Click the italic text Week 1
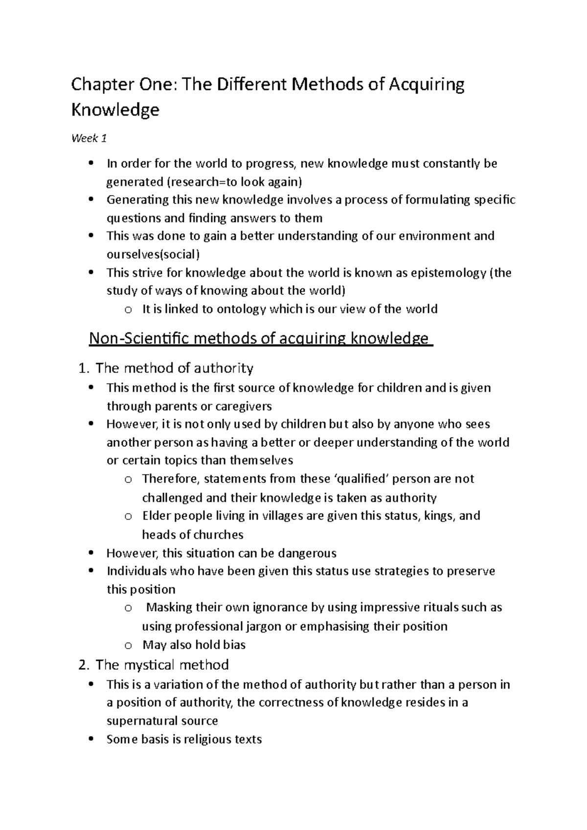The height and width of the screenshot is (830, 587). click(89, 139)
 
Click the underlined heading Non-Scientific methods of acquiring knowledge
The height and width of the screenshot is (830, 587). click(260, 338)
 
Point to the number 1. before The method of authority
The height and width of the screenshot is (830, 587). click(84, 368)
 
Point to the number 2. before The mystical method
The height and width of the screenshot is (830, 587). click(84, 665)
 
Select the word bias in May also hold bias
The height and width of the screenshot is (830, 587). click(234, 645)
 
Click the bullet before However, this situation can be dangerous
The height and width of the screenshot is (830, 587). click(91, 553)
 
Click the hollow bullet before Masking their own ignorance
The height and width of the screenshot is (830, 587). click(128, 608)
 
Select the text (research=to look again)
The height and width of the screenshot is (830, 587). click(234, 182)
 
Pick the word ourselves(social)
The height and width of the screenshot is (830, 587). click(153, 254)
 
